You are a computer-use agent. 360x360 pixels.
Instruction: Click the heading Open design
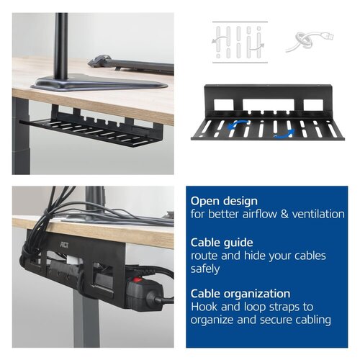[223, 201]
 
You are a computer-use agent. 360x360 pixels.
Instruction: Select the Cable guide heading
[222, 242]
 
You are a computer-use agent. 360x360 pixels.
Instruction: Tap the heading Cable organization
[241, 293]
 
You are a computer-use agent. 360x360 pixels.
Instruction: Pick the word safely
[206, 269]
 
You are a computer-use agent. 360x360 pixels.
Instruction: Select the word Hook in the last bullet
[204, 307]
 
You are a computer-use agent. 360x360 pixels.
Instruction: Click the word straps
[276, 307]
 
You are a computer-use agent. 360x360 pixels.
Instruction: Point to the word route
[204, 256]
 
